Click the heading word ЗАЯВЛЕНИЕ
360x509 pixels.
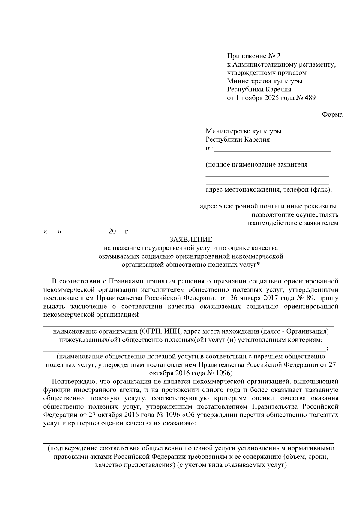[191, 239]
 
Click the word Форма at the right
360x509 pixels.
[332, 115]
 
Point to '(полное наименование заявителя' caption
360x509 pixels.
[256, 165]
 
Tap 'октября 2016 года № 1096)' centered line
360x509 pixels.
[191, 373]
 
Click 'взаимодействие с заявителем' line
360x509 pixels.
[293, 223]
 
